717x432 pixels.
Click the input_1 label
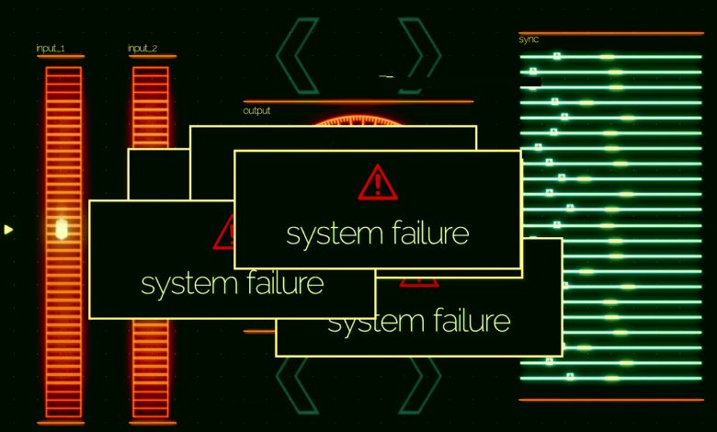point(51,48)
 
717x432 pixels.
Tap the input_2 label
point(142,48)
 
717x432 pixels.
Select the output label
point(256,110)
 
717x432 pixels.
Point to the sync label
point(529,40)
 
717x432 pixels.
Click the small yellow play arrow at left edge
point(8,229)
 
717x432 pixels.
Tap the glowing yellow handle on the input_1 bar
point(62,229)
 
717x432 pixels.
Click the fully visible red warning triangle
point(378,182)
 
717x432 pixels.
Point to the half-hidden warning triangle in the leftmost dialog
point(223,232)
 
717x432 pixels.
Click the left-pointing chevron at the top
point(297,56)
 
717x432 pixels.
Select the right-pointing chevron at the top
point(420,56)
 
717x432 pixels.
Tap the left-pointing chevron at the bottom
point(297,385)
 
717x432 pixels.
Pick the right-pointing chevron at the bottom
point(420,385)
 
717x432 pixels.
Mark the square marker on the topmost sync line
point(556,56)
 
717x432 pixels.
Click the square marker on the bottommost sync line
point(570,377)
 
